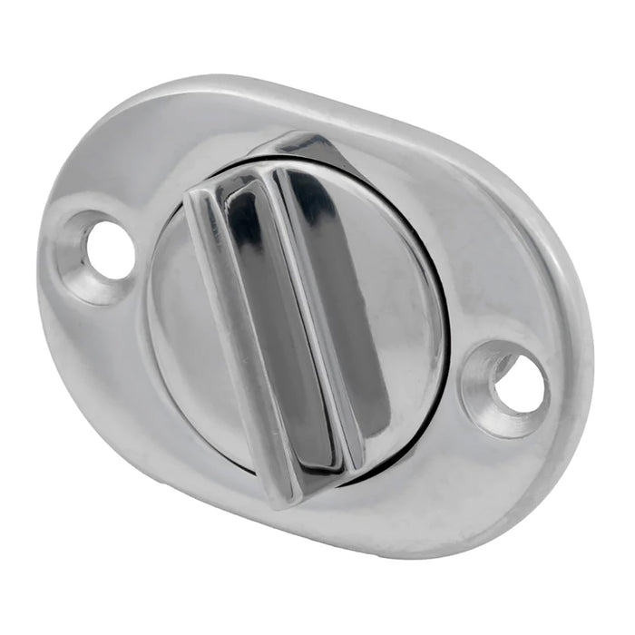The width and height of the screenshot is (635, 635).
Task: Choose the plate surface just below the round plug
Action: click(299, 513)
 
